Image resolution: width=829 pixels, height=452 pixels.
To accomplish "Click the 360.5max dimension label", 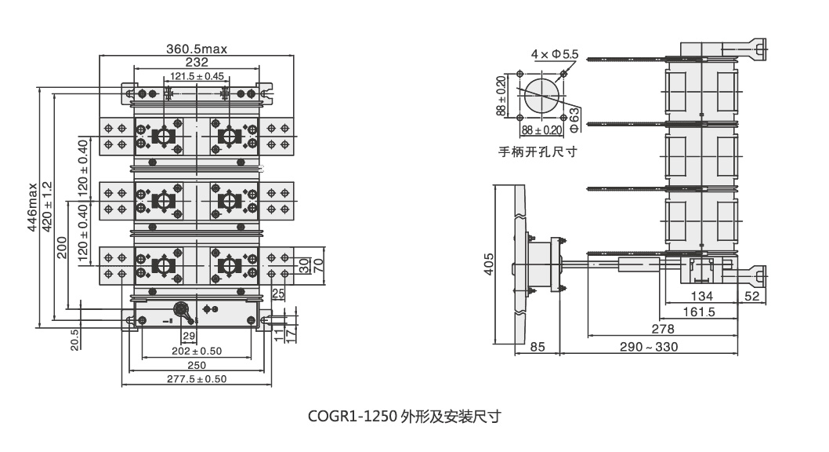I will (x=196, y=49).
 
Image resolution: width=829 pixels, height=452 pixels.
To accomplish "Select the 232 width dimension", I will (x=197, y=61).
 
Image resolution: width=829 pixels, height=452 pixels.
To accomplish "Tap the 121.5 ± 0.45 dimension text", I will (x=197, y=76).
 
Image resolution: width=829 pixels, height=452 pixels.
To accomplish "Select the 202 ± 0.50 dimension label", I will (x=197, y=351).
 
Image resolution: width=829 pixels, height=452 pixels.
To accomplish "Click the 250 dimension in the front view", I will (x=197, y=365).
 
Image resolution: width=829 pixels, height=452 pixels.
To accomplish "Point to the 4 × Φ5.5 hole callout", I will (x=554, y=54).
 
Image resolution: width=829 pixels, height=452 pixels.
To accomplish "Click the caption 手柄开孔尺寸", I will (x=538, y=151).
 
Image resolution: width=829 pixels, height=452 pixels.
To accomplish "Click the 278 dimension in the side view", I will (x=663, y=328).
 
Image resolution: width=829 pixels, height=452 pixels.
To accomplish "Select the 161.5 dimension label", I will (x=699, y=312).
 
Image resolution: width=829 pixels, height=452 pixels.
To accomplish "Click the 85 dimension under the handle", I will (x=538, y=346).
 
